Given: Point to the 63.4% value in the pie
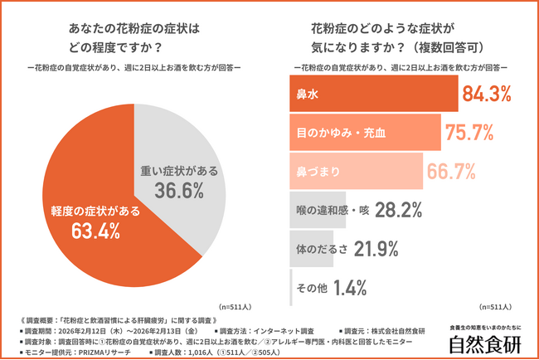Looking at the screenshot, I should [73, 230].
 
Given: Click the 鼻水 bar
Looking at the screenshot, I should [373, 95].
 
